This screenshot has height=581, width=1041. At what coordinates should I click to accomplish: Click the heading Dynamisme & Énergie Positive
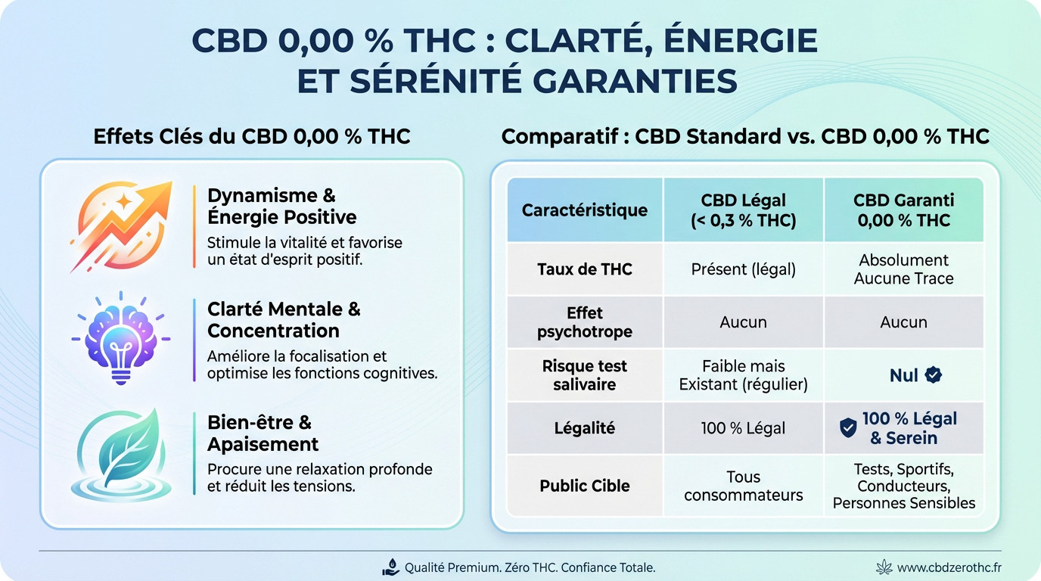click(x=281, y=206)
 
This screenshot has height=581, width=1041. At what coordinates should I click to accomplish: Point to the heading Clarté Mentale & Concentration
click(x=284, y=320)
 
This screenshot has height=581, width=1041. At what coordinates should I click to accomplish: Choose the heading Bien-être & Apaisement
click(x=263, y=433)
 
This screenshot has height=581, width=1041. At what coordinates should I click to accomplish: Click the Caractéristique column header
click(x=584, y=210)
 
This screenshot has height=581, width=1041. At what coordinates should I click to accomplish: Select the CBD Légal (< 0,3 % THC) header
click(x=743, y=210)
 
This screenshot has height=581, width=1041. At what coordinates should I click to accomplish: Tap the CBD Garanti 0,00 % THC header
click(x=903, y=210)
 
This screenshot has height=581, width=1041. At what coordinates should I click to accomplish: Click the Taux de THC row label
click(x=584, y=269)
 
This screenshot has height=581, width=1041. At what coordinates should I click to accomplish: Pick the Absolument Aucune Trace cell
click(x=903, y=269)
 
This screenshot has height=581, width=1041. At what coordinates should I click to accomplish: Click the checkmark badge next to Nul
click(x=934, y=374)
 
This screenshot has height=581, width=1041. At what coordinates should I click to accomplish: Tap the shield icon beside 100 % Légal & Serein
click(x=848, y=428)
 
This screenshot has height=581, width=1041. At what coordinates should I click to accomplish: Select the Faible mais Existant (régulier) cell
click(x=743, y=375)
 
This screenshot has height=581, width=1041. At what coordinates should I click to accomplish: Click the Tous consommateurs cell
click(x=743, y=486)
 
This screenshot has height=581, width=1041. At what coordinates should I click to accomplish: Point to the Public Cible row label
click(x=584, y=486)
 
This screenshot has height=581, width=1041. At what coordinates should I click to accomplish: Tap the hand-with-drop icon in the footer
click(x=391, y=567)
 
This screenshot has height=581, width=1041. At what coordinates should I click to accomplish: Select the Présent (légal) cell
click(x=743, y=269)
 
